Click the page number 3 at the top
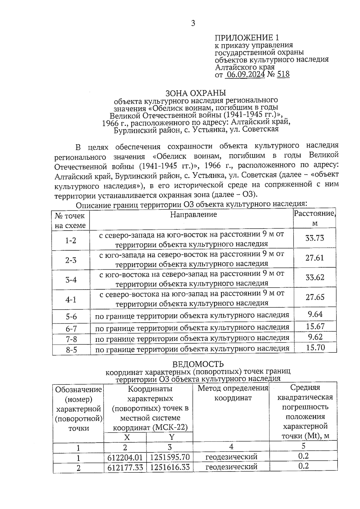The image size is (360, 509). (193, 23)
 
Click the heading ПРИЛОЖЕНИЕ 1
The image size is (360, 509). (247, 38)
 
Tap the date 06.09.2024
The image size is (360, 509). (245, 74)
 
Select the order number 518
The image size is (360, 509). (283, 74)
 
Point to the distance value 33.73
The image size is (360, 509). (315, 238)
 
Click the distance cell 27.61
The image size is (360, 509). (315, 258)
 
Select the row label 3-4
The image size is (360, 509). (71, 280)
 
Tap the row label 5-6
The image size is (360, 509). (71, 317)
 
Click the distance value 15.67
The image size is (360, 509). (315, 326)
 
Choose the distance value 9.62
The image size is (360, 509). (315, 337)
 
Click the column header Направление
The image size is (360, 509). (193, 214)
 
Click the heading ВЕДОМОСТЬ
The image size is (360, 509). (198, 364)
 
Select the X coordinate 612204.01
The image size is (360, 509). (125, 458)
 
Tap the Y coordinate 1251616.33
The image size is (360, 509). (170, 468)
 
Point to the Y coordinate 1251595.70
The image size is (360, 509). (170, 458)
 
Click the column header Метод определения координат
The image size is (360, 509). (232, 393)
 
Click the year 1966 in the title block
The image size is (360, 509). (110, 123)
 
